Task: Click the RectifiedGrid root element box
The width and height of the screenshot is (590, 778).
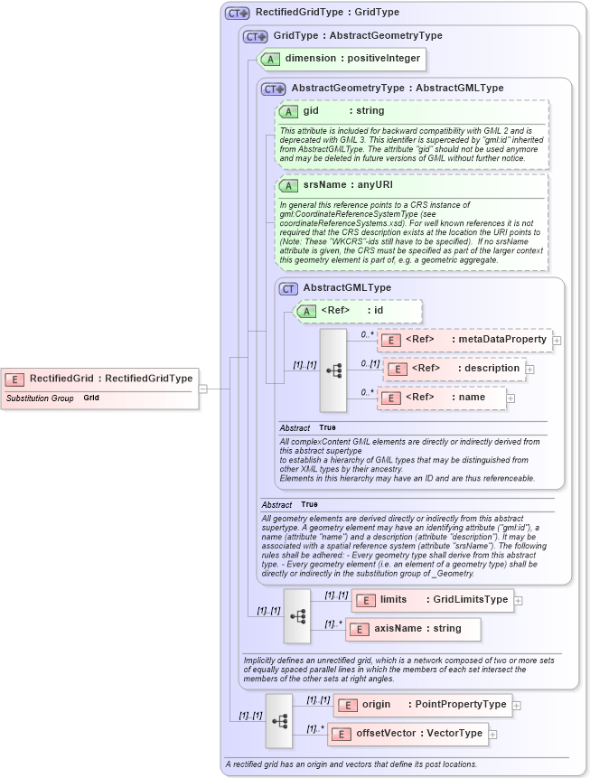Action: (x=100, y=379)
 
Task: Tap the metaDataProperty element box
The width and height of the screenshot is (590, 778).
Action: (x=464, y=340)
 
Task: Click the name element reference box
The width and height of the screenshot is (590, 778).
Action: (x=441, y=398)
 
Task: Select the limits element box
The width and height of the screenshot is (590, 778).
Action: (x=432, y=600)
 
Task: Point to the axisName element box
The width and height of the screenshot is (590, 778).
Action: (x=413, y=629)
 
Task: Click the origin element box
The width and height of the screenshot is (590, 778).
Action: (x=422, y=705)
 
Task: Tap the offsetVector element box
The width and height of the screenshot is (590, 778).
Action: (x=407, y=734)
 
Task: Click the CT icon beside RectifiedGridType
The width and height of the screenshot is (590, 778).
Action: (x=238, y=14)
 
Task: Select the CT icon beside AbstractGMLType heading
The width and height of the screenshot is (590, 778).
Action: (x=288, y=288)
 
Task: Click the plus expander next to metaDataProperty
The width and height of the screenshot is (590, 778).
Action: (x=557, y=341)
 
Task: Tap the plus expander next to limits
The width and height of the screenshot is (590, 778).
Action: (x=519, y=600)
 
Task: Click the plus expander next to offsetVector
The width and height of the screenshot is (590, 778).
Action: (x=493, y=735)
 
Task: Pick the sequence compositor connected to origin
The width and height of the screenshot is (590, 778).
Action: (x=278, y=720)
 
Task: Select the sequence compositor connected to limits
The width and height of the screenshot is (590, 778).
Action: (x=297, y=614)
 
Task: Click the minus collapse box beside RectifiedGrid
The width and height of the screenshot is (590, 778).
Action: (x=203, y=389)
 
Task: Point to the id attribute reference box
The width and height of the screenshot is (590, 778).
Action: (x=359, y=311)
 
